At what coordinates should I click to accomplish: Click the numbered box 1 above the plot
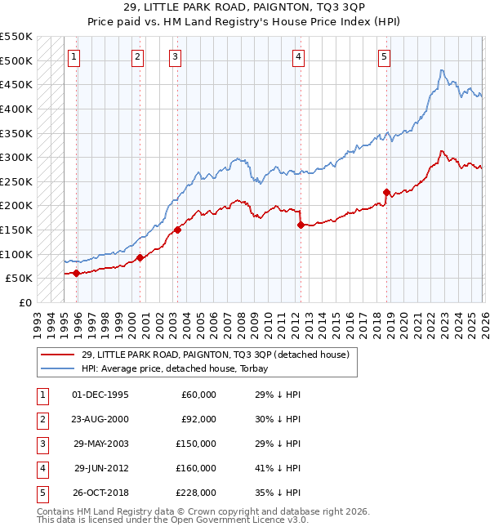click(x=74, y=57)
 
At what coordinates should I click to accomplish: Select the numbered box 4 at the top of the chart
click(x=299, y=57)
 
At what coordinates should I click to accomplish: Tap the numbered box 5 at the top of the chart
click(x=384, y=57)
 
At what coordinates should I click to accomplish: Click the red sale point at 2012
click(x=301, y=225)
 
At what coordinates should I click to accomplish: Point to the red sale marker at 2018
click(x=386, y=192)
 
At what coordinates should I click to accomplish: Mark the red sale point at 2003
click(x=177, y=230)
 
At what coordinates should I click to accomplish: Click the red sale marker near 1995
click(x=77, y=273)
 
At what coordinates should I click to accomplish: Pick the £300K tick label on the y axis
click(x=16, y=157)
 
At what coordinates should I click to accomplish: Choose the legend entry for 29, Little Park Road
click(x=215, y=355)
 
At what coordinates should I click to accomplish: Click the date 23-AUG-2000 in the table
click(x=100, y=419)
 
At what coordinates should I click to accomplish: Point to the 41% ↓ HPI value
click(x=278, y=468)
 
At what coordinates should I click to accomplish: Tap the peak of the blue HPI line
click(x=442, y=70)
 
